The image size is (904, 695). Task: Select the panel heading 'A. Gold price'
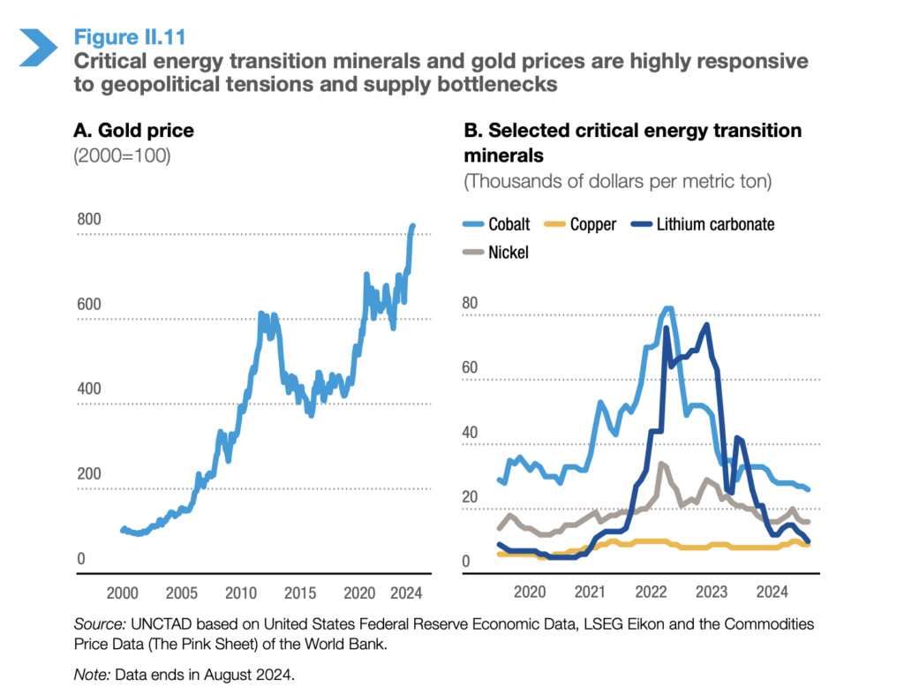[x=133, y=131]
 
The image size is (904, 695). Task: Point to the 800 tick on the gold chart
[x=90, y=220]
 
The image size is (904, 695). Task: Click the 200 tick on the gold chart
[x=90, y=474]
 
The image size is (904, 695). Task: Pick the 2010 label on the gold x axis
[x=240, y=592]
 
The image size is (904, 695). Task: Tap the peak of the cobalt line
[x=667, y=308]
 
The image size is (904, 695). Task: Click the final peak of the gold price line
[x=412, y=226]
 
